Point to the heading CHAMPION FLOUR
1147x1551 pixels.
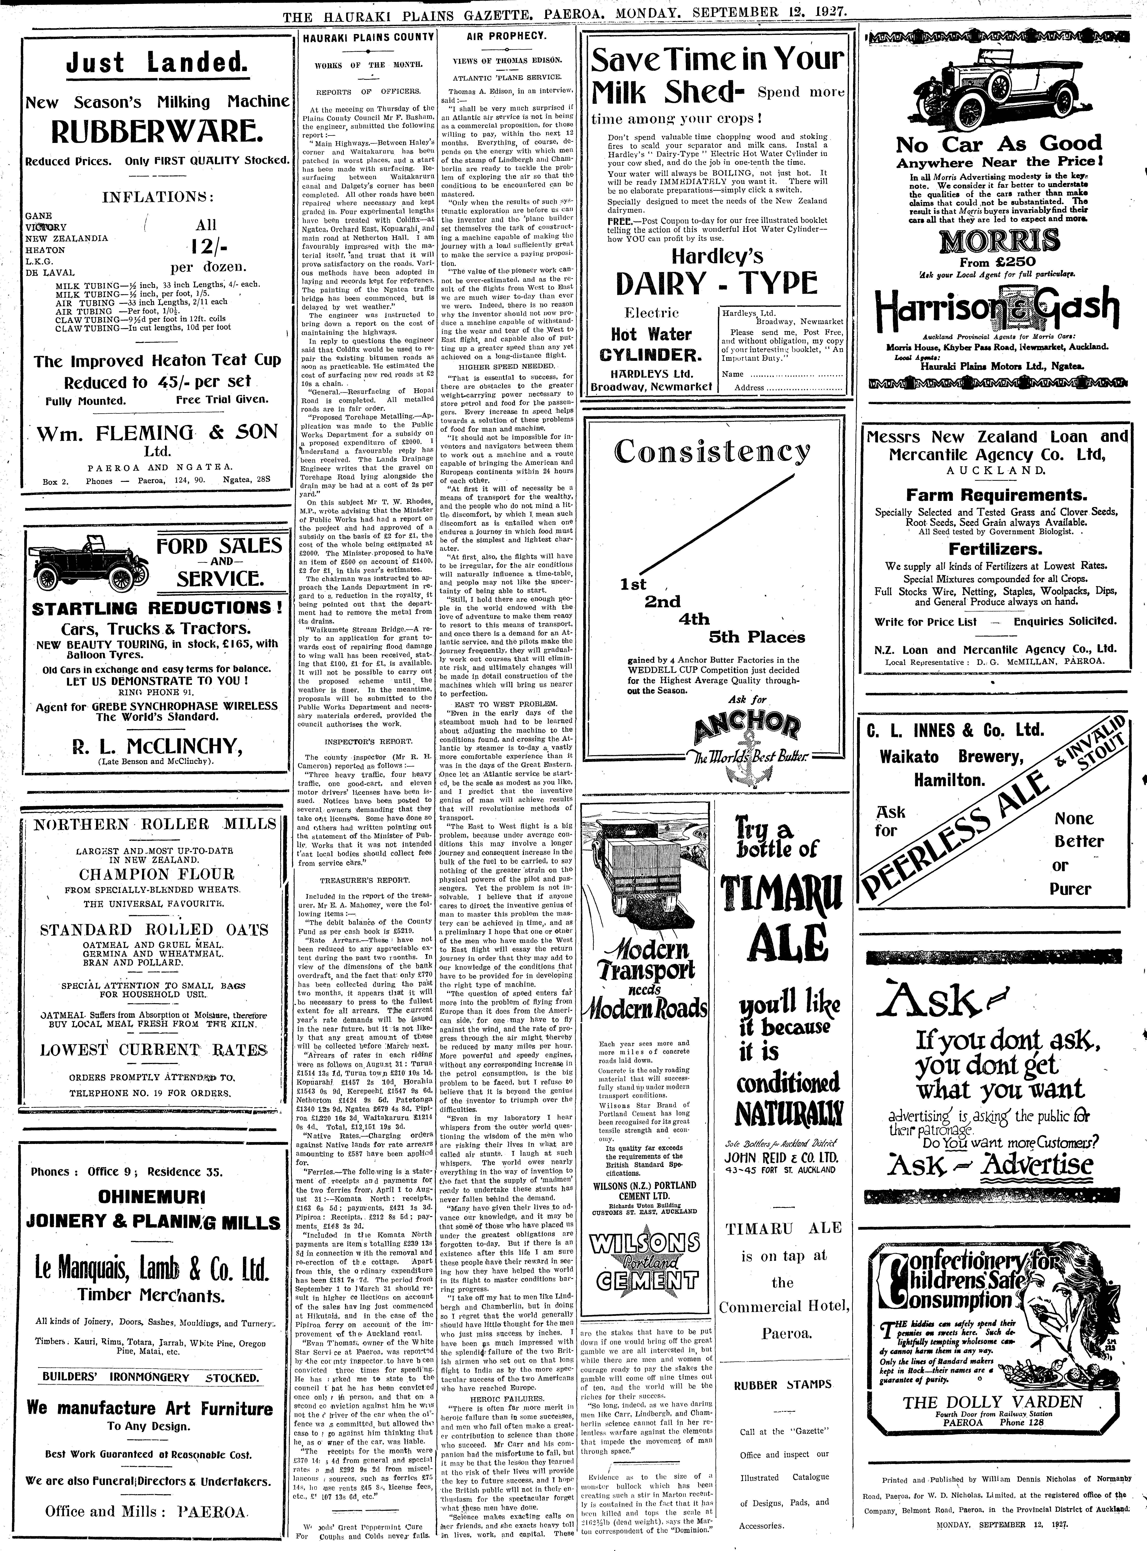156,874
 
